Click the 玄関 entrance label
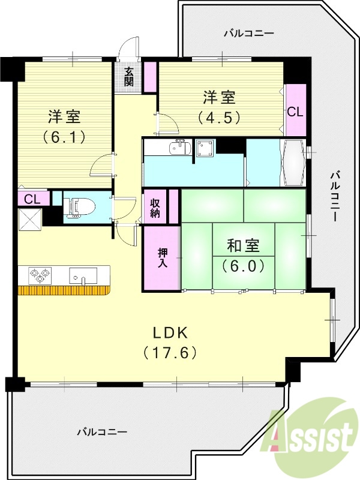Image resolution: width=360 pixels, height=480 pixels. (129, 76)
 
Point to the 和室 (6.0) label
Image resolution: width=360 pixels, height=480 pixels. (243, 254)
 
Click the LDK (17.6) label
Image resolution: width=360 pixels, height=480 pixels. (170, 341)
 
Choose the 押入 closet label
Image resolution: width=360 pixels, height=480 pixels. (162, 257)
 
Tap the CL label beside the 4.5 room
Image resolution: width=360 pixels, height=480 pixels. (295, 112)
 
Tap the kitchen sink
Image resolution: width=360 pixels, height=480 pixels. (83, 276)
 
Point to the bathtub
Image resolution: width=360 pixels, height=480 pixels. (293, 163)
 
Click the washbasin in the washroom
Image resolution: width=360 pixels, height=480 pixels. (179, 147)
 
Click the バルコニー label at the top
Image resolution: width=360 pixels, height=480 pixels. (248, 34)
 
